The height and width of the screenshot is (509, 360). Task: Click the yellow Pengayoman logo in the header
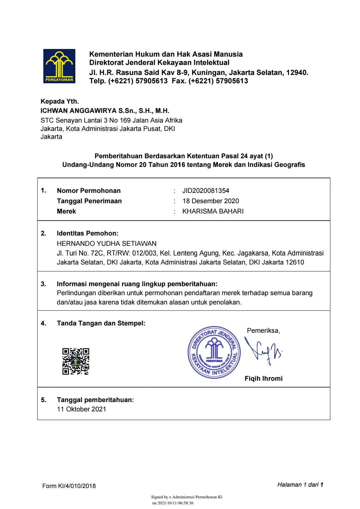tap(59, 66)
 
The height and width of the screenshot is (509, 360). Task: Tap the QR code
tap(76, 361)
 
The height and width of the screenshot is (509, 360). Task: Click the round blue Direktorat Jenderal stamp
tap(214, 352)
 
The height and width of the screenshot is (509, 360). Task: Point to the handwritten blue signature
tap(263, 351)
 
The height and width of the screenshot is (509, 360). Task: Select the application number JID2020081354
tap(206, 191)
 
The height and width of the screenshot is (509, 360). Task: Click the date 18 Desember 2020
tap(211, 201)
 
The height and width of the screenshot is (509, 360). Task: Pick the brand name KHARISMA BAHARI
tap(213, 211)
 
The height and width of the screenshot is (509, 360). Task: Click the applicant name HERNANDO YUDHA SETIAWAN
tap(107, 244)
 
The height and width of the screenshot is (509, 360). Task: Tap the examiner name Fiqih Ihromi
tap(263, 378)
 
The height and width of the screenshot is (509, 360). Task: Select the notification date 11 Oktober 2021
tap(81, 409)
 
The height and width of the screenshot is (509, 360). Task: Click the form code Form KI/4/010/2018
tap(69, 486)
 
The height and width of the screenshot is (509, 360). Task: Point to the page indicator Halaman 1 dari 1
tap(300, 485)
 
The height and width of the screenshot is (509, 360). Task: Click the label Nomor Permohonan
tap(89, 191)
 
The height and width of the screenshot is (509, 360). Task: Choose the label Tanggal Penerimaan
tap(89, 201)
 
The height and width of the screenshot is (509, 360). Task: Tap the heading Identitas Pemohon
tap(87, 233)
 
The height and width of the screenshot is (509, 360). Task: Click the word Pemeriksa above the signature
tap(263, 330)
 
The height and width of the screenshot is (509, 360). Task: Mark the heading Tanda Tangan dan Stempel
tap(101, 323)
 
